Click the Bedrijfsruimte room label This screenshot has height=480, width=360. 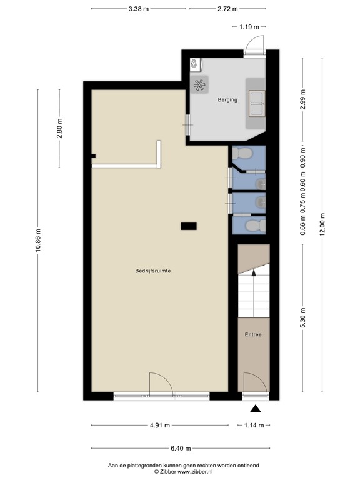pos(153,271)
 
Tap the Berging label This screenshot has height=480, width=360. pos(227,99)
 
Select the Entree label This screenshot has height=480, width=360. pos(253,335)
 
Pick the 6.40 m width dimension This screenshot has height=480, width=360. pos(180,448)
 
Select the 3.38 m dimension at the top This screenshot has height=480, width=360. pos(138,9)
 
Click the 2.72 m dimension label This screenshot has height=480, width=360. pos(227,9)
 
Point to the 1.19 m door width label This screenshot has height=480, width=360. pos(249,27)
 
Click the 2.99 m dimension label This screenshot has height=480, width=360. pos(302,100)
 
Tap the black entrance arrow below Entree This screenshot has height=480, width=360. pos(255,409)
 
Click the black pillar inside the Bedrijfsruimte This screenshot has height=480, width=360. pos(188,226)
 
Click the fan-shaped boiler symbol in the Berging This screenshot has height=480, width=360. pos(200,86)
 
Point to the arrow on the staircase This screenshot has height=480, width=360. pos(253,271)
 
